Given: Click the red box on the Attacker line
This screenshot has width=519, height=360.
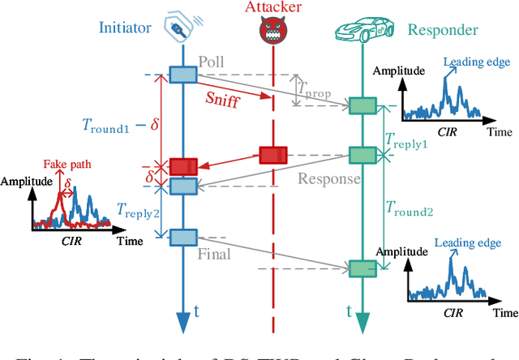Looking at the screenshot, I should pyautogui.click(x=273, y=155).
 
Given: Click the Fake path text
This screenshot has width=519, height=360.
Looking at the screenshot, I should pyautogui.click(x=71, y=164).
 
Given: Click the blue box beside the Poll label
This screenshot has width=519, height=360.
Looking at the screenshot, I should pyautogui.click(x=182, y=75).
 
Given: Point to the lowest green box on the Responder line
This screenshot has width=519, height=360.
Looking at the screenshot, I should pyautogui.click(x=362, y=268).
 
